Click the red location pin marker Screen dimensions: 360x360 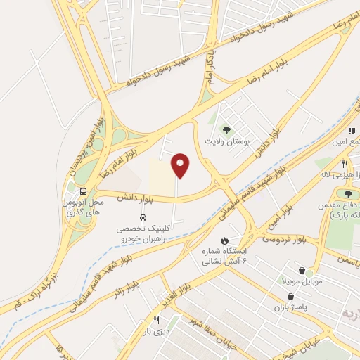pyautogui.click(x=181, y=165)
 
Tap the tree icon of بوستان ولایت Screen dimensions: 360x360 pyautogui.click(x=226, y=129)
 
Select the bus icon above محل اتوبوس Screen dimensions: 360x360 pyautogui.click(x=84, y=191)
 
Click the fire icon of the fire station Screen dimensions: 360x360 pyautogui.click(x=224, y=240)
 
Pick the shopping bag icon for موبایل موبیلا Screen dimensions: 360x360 pyautogui.click(x=302, y=270)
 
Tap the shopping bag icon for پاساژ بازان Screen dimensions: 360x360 pyautogui.click(x=290, y=297)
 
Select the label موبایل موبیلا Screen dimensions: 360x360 pyautogui.click(x=302, y=281)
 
